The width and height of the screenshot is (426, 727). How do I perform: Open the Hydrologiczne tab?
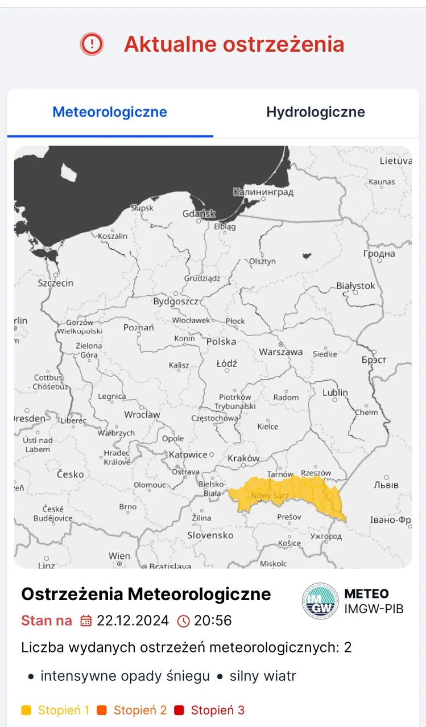[x=316, y=112]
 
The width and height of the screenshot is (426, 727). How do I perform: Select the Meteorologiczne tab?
[x=110, y=112]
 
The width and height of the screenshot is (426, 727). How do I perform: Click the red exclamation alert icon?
[x=92, y=44]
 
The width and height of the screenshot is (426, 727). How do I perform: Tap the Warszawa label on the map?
[x=281, y=352]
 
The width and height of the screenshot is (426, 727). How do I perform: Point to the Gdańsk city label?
[x=199, y=214]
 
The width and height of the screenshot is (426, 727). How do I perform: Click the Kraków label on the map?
[x=243, y=458]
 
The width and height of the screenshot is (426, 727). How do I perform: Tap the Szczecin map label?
[x=56, y=283]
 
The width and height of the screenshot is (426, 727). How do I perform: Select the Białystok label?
[x=356, y=286]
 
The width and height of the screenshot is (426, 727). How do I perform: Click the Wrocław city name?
[x=142, y=415]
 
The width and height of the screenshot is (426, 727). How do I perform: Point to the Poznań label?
[x=139, y=328]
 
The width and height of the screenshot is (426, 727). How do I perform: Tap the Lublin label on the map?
[x=336, y=393]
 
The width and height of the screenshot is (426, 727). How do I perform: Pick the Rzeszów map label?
[x=316, y=473]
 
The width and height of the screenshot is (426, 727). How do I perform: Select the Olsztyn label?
[x=262, y=261]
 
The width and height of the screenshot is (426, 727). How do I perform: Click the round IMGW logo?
[x=320, y=600]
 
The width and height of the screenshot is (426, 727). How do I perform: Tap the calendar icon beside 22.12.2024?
[x=86, y=621]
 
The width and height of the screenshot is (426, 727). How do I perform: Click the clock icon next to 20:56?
[x=184, y=621]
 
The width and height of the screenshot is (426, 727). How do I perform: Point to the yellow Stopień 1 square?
[x=26, y=711]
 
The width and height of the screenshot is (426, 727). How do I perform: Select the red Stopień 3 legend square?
[x=179, y=711]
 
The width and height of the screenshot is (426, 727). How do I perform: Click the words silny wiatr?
[x=263, y=676]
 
